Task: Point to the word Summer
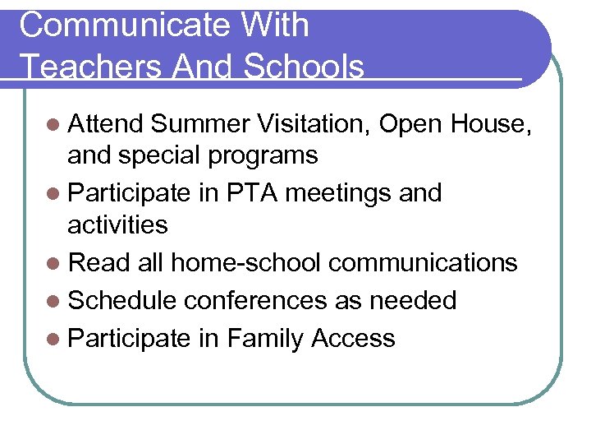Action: pyautogui.click(x=200, y=124)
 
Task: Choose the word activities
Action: pyautogui.click(x=117, y=224)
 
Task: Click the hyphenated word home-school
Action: pyautogui.click(x=246, y=262)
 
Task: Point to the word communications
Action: pyautogui.click(x=424, y=262)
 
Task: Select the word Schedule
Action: pyautogui.click(x=122, y=300)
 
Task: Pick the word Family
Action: pyautogui.click(x=266, y=338)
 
